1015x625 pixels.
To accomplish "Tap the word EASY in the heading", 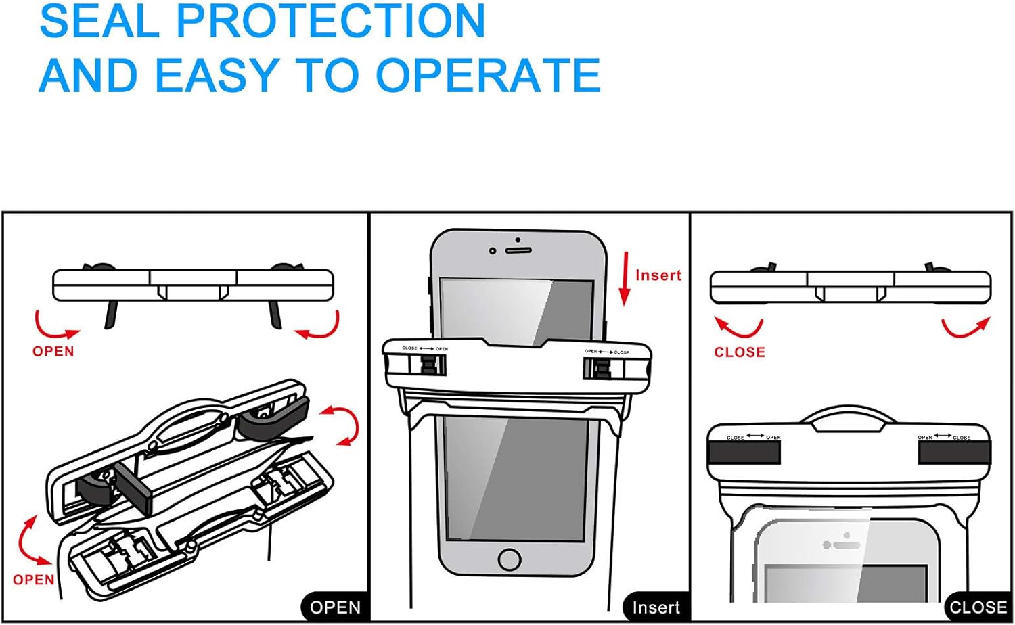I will coord(217,75).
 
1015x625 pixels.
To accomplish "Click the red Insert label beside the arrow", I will coord(658,275).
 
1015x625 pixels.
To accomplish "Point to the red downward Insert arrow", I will coord(625,278).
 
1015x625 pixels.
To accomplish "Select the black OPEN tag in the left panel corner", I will coord(335,607).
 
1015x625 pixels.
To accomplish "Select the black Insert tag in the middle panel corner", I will coord(656,607).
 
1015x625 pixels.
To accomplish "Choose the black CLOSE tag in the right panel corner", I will coord(978,607).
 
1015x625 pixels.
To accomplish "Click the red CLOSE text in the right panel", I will coord(740,352).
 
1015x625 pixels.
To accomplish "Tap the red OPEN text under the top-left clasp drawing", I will coord(53,352).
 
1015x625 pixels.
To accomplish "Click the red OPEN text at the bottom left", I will coord(34,580).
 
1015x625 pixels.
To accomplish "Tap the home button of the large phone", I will coord(509,559).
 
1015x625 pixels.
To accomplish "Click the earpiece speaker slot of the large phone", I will coord(518,250).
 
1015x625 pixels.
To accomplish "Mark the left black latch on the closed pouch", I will coord(744,452).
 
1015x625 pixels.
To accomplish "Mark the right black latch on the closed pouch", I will coord(954,452).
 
